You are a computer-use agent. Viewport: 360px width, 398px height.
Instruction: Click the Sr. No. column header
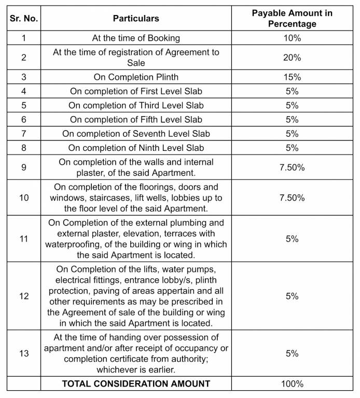click(24, 18)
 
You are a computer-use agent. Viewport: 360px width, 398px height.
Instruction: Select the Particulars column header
click(136, 18)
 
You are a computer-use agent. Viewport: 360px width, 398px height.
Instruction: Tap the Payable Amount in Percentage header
click(292, 18)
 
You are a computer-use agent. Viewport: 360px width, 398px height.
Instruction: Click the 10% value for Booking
click(292, 38)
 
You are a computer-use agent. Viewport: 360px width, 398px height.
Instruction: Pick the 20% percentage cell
click(292, 58)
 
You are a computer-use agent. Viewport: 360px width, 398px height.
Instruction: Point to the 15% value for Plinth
click(292, 77)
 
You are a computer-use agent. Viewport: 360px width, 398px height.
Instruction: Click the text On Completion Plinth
click(136, 77)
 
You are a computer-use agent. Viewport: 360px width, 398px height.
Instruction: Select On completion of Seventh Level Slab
click(136, 134)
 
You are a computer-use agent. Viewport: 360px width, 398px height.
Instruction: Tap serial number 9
click(24, 167)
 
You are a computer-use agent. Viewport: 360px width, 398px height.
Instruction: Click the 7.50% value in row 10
click(292, 198)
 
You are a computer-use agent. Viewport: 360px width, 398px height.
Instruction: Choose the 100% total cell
click(292, 384)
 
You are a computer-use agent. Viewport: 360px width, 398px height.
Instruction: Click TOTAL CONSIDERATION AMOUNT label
click(136, 384)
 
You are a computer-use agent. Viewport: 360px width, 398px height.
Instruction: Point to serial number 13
click(24, 353)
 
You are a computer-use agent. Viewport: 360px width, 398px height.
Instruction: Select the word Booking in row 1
click(163, 38)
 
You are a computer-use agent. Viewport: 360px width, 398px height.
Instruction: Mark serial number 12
click(24, 296)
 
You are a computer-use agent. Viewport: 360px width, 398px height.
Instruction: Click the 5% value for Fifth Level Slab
click(292, 120)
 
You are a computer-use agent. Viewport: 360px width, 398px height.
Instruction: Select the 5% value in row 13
click(292, 353)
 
